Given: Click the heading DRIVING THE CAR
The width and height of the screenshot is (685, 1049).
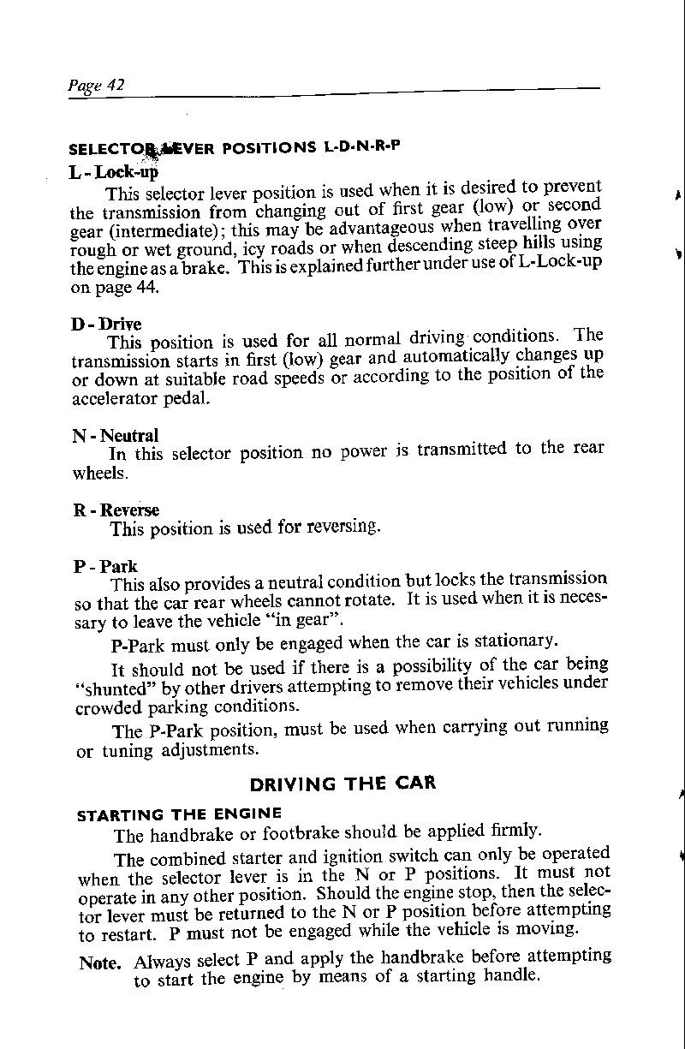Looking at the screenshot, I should pyautogui.click(x=342, y=783).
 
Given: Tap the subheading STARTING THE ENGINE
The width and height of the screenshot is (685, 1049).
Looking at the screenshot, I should pyautogui.click(x=179, y=814).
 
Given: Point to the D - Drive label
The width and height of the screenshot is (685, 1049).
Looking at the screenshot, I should pyautogui.click(x=107, y=325).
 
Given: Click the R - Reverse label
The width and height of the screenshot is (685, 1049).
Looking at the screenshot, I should pyautogui.click(x=116, y=511).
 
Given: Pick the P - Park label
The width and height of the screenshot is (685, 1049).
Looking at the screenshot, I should pyautogui.click(x=105, y=567).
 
